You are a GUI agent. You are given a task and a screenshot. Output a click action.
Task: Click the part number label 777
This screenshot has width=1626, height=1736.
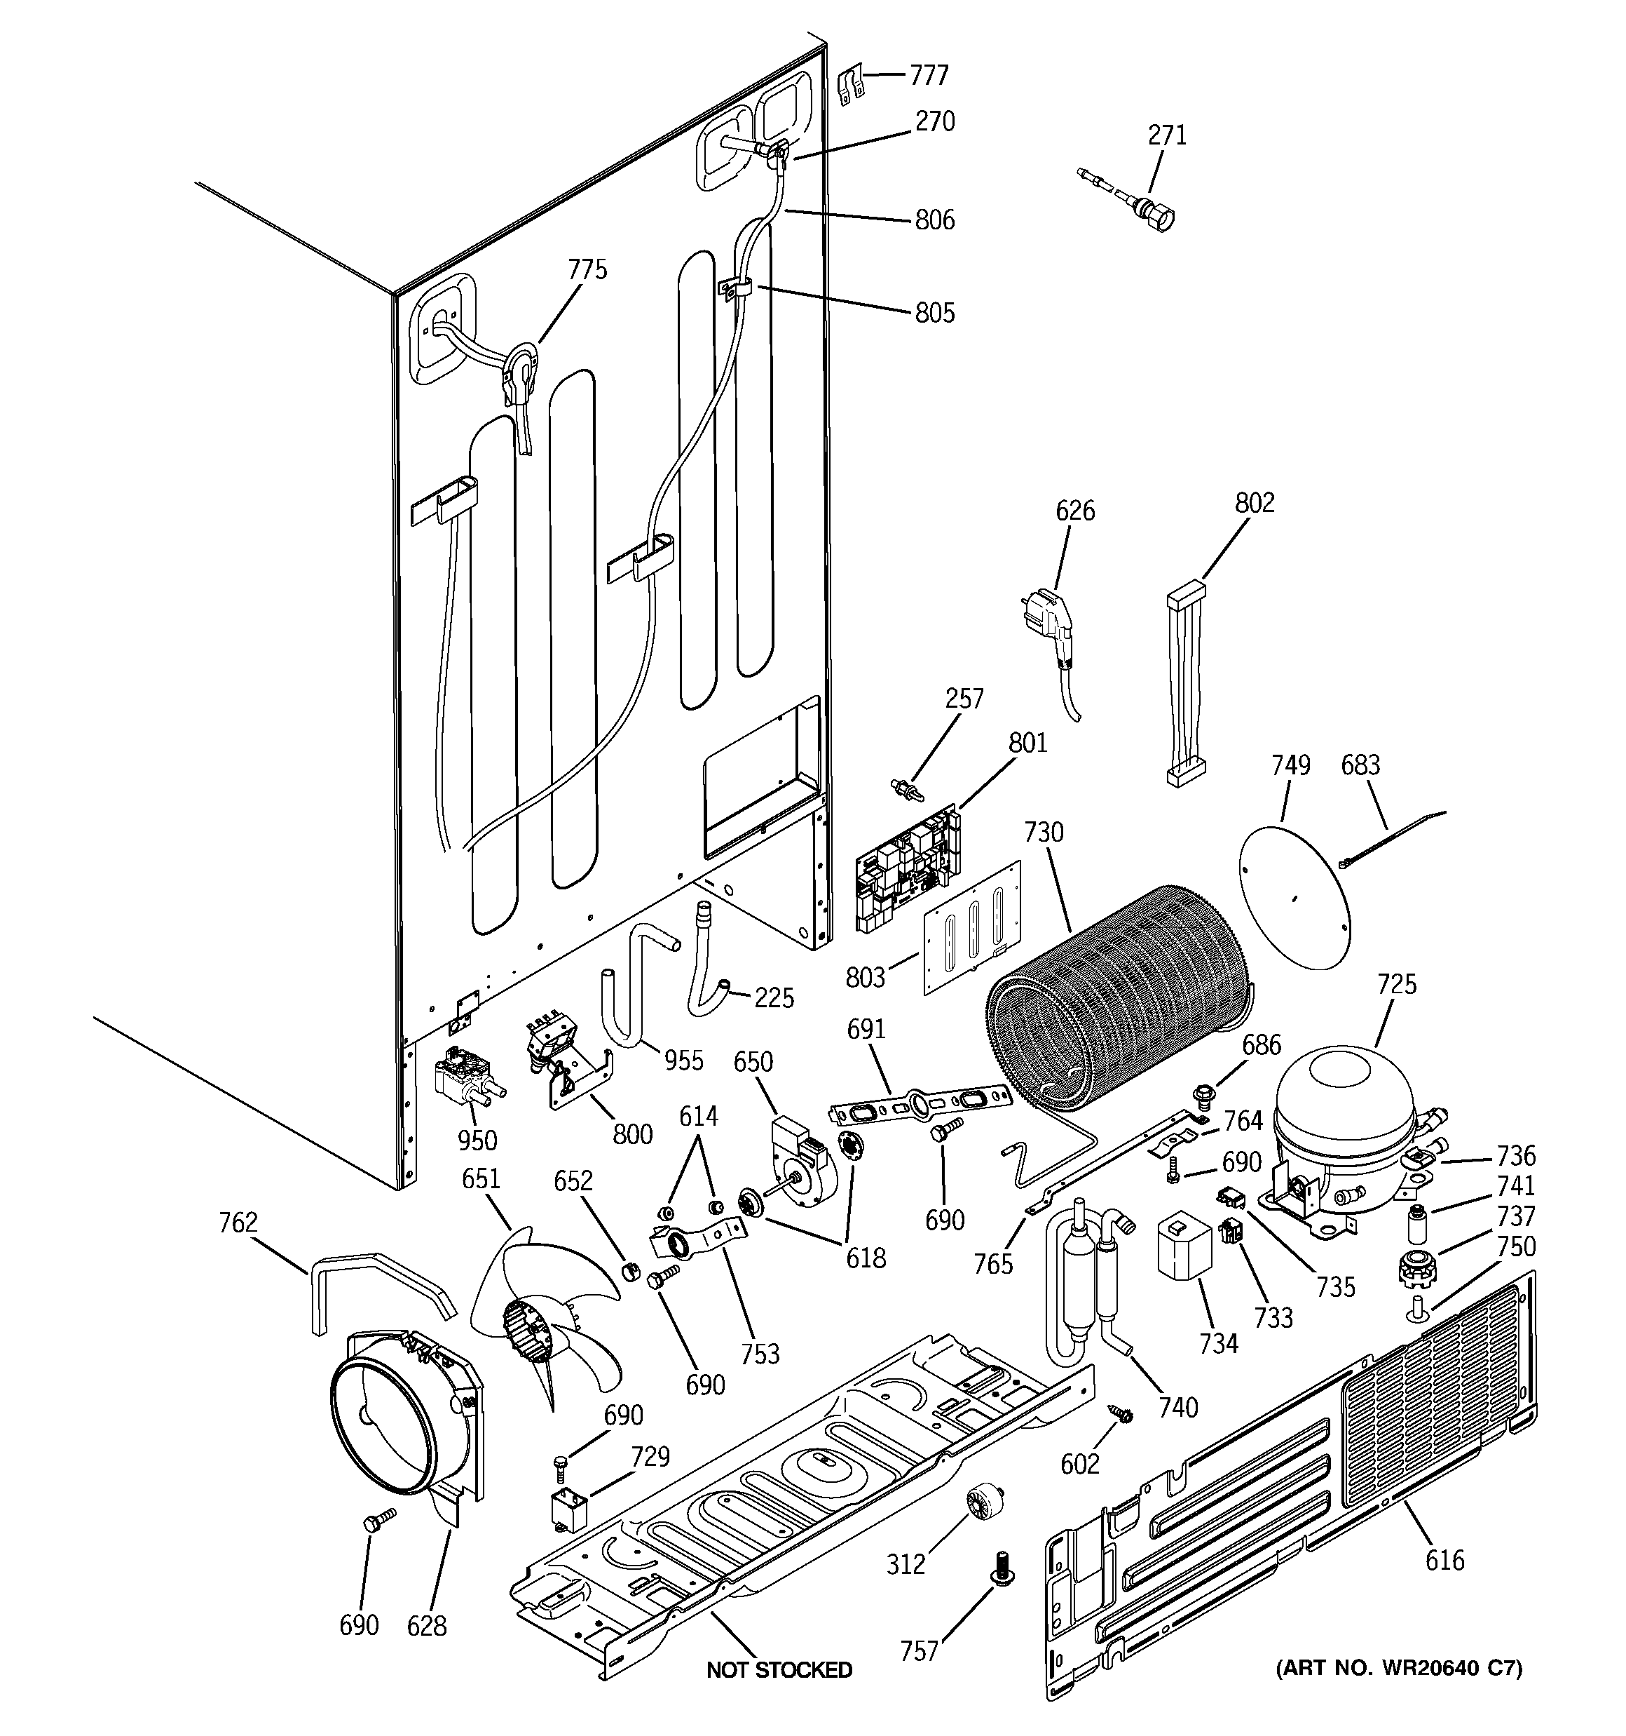[929, 76]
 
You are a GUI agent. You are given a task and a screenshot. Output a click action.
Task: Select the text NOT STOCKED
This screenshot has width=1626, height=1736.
[779, 1669]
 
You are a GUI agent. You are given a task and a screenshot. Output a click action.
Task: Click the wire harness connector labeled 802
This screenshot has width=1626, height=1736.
[1186, 685]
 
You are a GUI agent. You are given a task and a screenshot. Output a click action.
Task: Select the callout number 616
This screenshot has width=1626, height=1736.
[1444, 1560]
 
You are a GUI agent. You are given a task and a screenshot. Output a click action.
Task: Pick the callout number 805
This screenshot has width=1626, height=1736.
[935, 313]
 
